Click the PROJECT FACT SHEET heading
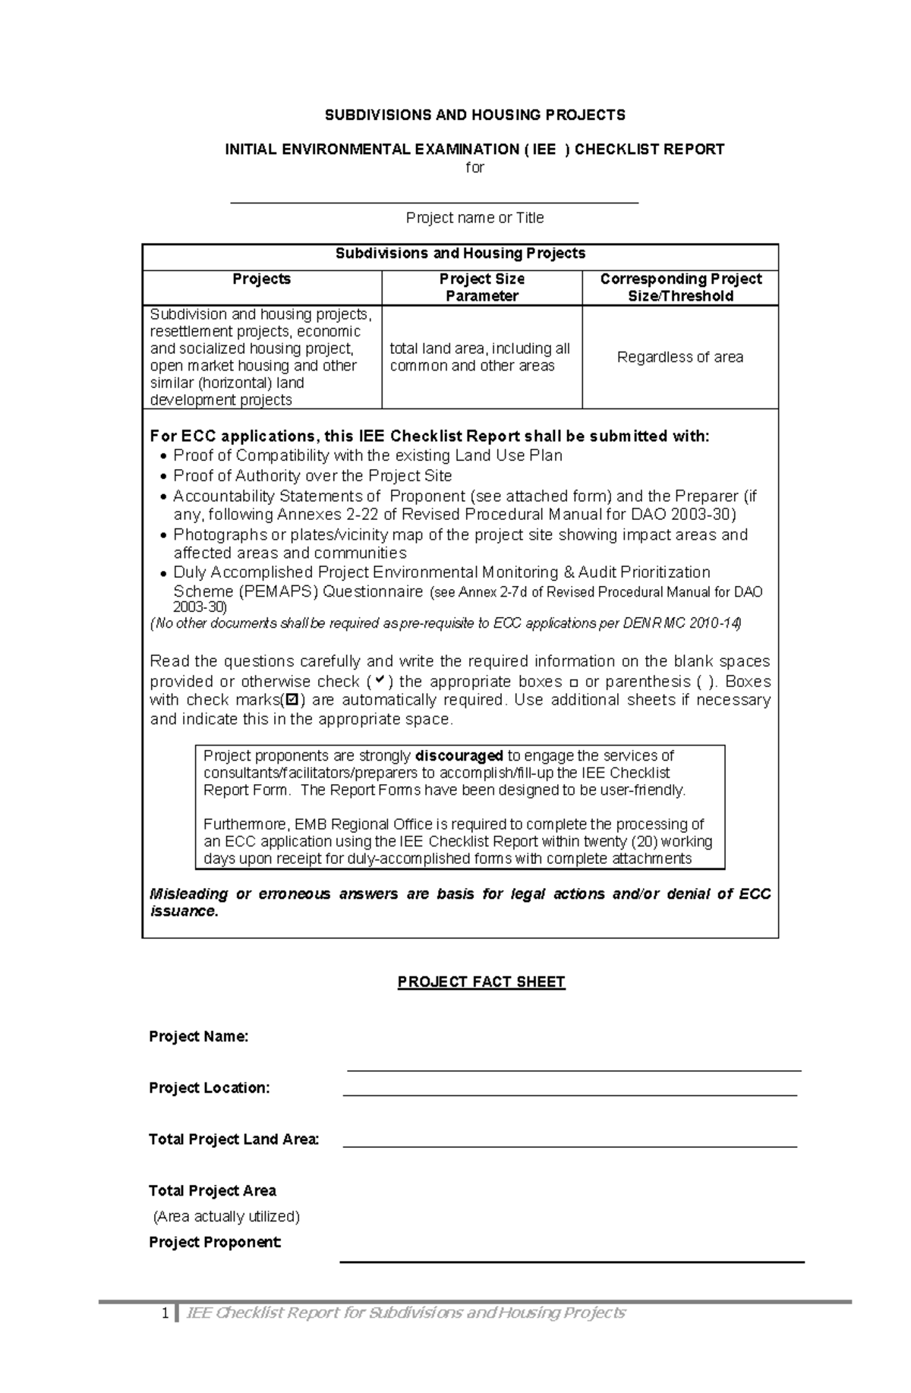point(481,982)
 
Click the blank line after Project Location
point(569,1095)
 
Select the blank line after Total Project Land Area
point(569,1146)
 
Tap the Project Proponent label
point(215,1242)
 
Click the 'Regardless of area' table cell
point(679,357)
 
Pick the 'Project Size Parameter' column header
point(482,287)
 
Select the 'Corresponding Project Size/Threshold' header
point(680,287)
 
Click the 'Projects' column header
point(261,279)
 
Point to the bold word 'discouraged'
point(459,755)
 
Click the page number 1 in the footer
point(164,1313)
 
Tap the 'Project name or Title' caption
point(474,218)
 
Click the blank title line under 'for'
point(434,202)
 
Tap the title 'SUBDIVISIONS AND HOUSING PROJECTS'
point(475,115)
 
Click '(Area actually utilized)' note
point(226,1216)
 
